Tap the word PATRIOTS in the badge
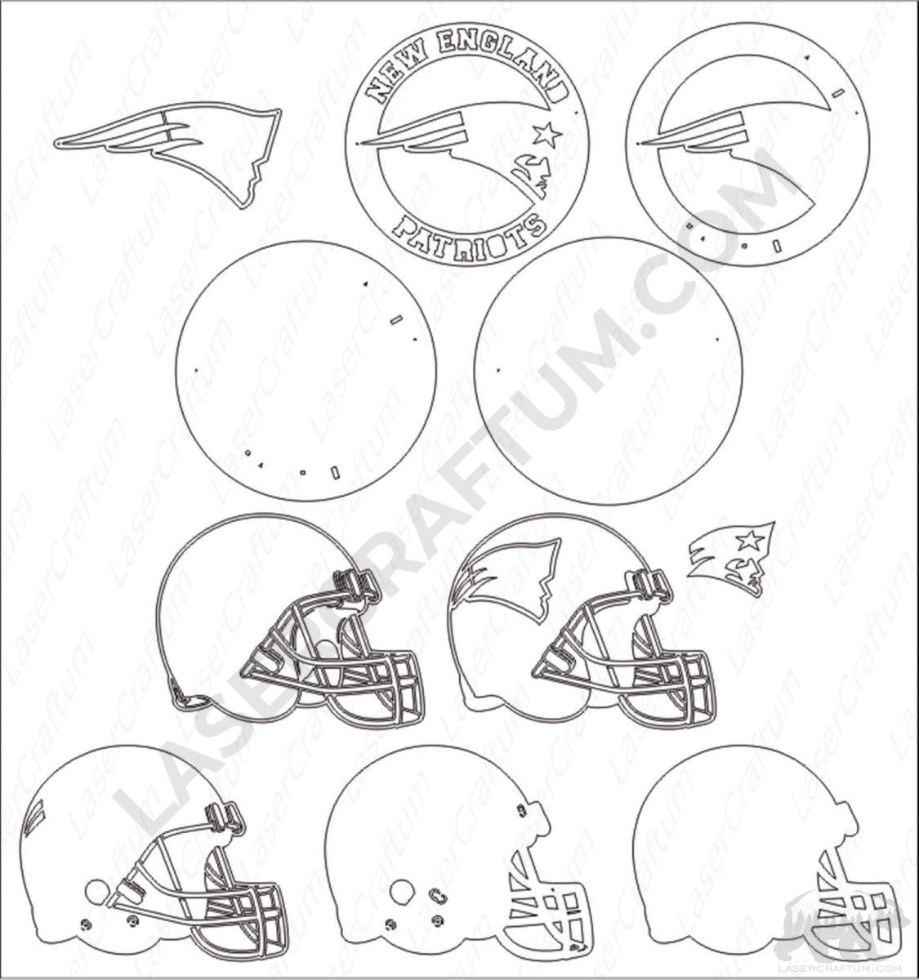pyautogui.click(x=469, y=235)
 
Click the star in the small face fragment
pyautogui.click(x=750, y=541)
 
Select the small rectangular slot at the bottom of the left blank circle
pyautogui.click(x=335, y=472)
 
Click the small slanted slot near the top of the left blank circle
pyautogui.click(x=396, y=320)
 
